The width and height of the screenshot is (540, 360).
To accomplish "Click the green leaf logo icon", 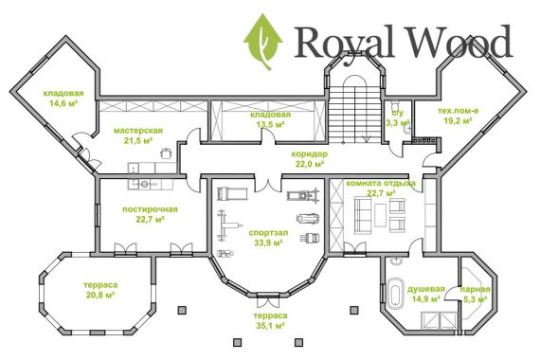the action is pyautogui.click(x=263, y=42).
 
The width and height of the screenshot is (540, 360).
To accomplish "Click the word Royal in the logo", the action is pyautogui.click(x=344, y=42).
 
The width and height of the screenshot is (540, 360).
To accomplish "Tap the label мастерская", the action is pyautogui.click(x=137, y=131).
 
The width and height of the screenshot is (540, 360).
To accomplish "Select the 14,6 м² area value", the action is pyautogui.click(x=63, y=103).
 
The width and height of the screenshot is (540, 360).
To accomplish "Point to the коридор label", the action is pyautogui.click(x=309, y=154).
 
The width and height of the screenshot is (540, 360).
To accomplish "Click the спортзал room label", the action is pyautogui.click(x=269, y=233).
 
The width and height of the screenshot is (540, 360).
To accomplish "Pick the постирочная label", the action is pyautogui.click(x=150, y=209).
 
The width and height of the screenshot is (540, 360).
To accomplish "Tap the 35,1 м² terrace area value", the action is pyautogui.click(x=270, y=326).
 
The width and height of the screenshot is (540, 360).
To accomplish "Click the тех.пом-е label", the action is pyautogui.click(x=458, y=111).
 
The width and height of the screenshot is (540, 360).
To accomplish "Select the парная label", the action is pyautogui.click(x=476, y=289).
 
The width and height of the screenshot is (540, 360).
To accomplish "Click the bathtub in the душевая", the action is pyautogui.click(x=395, y=294).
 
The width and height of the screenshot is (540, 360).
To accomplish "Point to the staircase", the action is pyautogui.click(x=353, y=114).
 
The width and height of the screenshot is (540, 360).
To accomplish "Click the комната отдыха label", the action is pyautogui.click(x=381, y=183).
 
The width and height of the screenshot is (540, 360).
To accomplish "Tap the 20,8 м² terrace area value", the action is pyautogui.click(x=100, y=295).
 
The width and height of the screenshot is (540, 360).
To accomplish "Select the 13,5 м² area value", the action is pyautogui.click(x=270, y=124).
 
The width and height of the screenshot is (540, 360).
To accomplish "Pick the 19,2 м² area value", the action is pyautogui.click(x=458, y=120).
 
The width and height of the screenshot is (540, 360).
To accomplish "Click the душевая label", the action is pyautogui.click(x=426, y=289).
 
